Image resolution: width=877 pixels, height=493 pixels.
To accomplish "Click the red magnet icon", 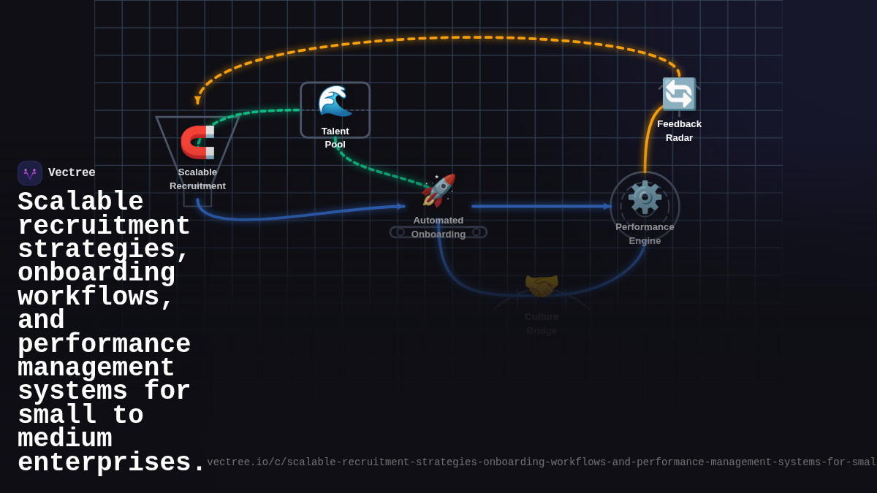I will tap(197, 142).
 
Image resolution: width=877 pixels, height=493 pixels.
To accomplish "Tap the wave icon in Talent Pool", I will tap(335, 102).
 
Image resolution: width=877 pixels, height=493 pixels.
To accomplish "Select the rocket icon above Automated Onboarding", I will tap(438, 191).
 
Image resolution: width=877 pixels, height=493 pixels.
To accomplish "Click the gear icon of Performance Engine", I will tap(645, 197).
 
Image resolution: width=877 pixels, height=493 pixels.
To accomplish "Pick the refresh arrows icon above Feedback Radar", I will tap(679, 94).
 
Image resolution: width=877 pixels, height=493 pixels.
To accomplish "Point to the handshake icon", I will tap(542, 286).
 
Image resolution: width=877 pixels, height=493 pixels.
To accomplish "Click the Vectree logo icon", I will tap(30, 173).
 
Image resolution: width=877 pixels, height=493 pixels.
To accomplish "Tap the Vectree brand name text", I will tap(72, 173).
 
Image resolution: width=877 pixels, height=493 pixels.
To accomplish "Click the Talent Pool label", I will tap(335, 137).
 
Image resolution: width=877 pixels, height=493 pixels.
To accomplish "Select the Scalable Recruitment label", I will tap(197, 179).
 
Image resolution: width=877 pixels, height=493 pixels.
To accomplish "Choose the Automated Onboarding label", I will tap(438, 227).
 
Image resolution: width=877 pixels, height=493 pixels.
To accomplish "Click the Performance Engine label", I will tap(645, 234).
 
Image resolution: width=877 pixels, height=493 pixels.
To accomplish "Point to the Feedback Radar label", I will tap(679, 131).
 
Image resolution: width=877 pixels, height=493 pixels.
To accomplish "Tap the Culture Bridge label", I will tap(542, 324).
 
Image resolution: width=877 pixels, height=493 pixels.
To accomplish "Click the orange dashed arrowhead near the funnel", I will tap(197, 100).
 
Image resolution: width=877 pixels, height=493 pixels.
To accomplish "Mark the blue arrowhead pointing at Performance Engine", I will tap(607, 207).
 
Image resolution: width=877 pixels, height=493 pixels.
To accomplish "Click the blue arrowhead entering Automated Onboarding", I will tap(400, 207).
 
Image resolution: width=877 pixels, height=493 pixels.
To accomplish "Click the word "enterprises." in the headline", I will tap(112, 463).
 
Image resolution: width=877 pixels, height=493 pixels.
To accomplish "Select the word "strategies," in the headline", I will tap(103, 250).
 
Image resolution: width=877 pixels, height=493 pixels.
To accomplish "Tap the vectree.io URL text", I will tap(541, 462).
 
